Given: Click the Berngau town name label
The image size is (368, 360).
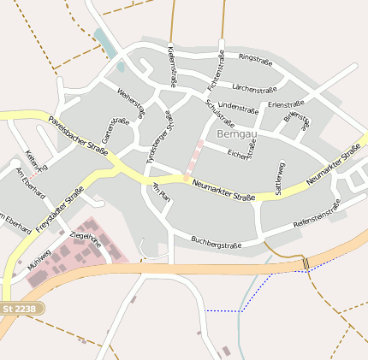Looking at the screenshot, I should (235, 134).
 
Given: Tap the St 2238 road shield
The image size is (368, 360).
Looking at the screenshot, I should (21, 308).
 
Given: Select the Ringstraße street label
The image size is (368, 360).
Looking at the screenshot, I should (255, 60).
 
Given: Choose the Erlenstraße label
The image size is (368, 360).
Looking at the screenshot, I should (287, 104).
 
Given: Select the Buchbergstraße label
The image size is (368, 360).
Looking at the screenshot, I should (216, 243).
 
